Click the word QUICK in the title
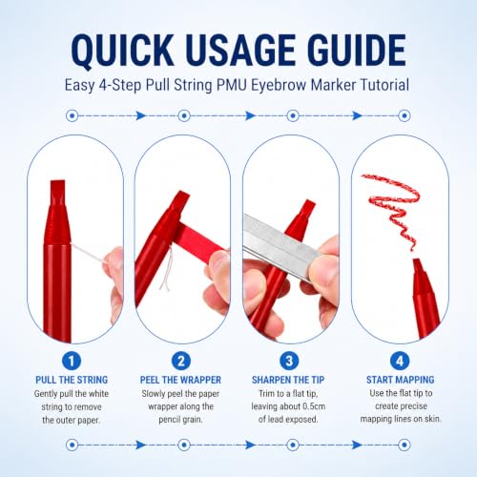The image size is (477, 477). pos(122,51)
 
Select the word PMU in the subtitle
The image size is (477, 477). pos(232,85)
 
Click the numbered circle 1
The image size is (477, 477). pos(72,361)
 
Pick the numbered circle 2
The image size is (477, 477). pos(181,361)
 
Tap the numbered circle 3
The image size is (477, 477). pos(289,361)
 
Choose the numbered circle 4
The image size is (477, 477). pos(400,361)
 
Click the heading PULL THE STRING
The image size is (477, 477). pos(72,380)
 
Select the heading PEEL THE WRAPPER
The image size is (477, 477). pos(180,380)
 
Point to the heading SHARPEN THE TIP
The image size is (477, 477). pos(288,380)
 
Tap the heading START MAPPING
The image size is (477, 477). pos(400,380)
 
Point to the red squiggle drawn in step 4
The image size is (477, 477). pos(393,207)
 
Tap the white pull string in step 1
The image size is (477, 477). pos(88,253)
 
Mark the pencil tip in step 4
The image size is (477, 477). pos(417,263)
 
